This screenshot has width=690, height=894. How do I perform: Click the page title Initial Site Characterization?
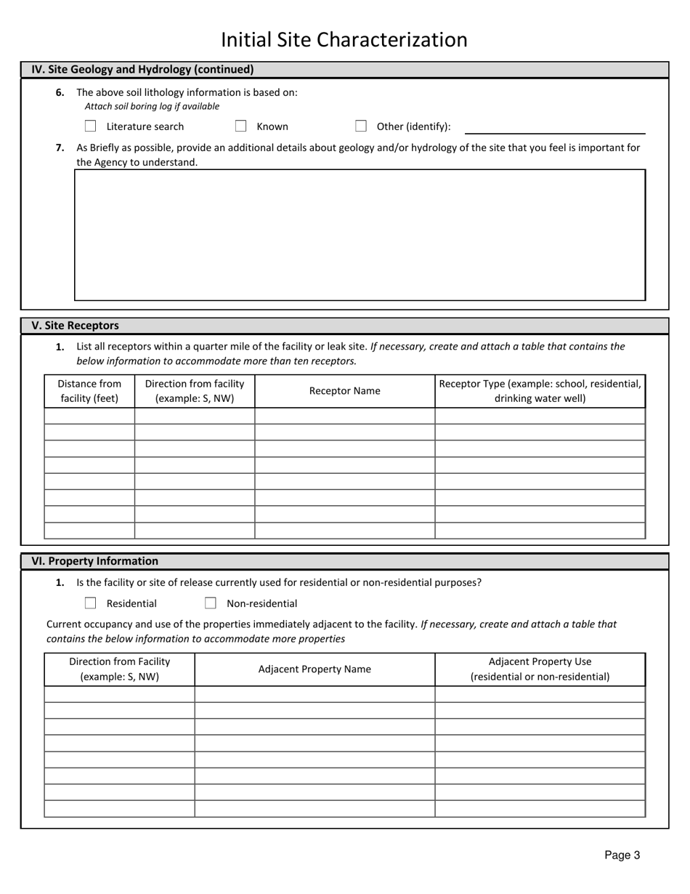tap(344, 39)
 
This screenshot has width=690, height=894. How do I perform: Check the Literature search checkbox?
tap(91, 126)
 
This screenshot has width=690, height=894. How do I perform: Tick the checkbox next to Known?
tap(240, 126)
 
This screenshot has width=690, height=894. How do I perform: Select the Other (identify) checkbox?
tap(361, 126)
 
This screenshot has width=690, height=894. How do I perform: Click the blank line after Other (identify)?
tap(554, 128)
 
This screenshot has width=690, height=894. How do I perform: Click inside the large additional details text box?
tap(360, 235)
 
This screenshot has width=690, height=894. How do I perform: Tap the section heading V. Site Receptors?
tap(75, 326)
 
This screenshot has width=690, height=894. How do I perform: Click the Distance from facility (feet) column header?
tap(89, 391)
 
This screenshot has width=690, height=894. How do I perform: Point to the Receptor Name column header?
tap(344, 391)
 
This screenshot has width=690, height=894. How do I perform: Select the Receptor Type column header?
tap(540, 391)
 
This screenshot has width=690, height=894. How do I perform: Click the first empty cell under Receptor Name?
tap(344, 416)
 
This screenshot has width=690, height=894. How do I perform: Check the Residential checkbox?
tap(91, 603)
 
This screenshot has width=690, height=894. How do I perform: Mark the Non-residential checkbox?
tap(211, 603)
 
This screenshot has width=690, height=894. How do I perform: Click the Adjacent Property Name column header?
tap(314, 669)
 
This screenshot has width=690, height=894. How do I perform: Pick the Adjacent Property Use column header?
tap(540, 669)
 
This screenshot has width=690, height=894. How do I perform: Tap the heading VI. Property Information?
tap(94, 561)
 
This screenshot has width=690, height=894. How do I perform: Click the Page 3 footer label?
tap(622, 855)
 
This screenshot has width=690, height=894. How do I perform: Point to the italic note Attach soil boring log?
tap(152, 107)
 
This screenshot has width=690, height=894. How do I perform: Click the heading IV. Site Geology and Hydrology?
tap(142, 70)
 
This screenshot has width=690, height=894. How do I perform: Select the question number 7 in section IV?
tap(60, 148)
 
